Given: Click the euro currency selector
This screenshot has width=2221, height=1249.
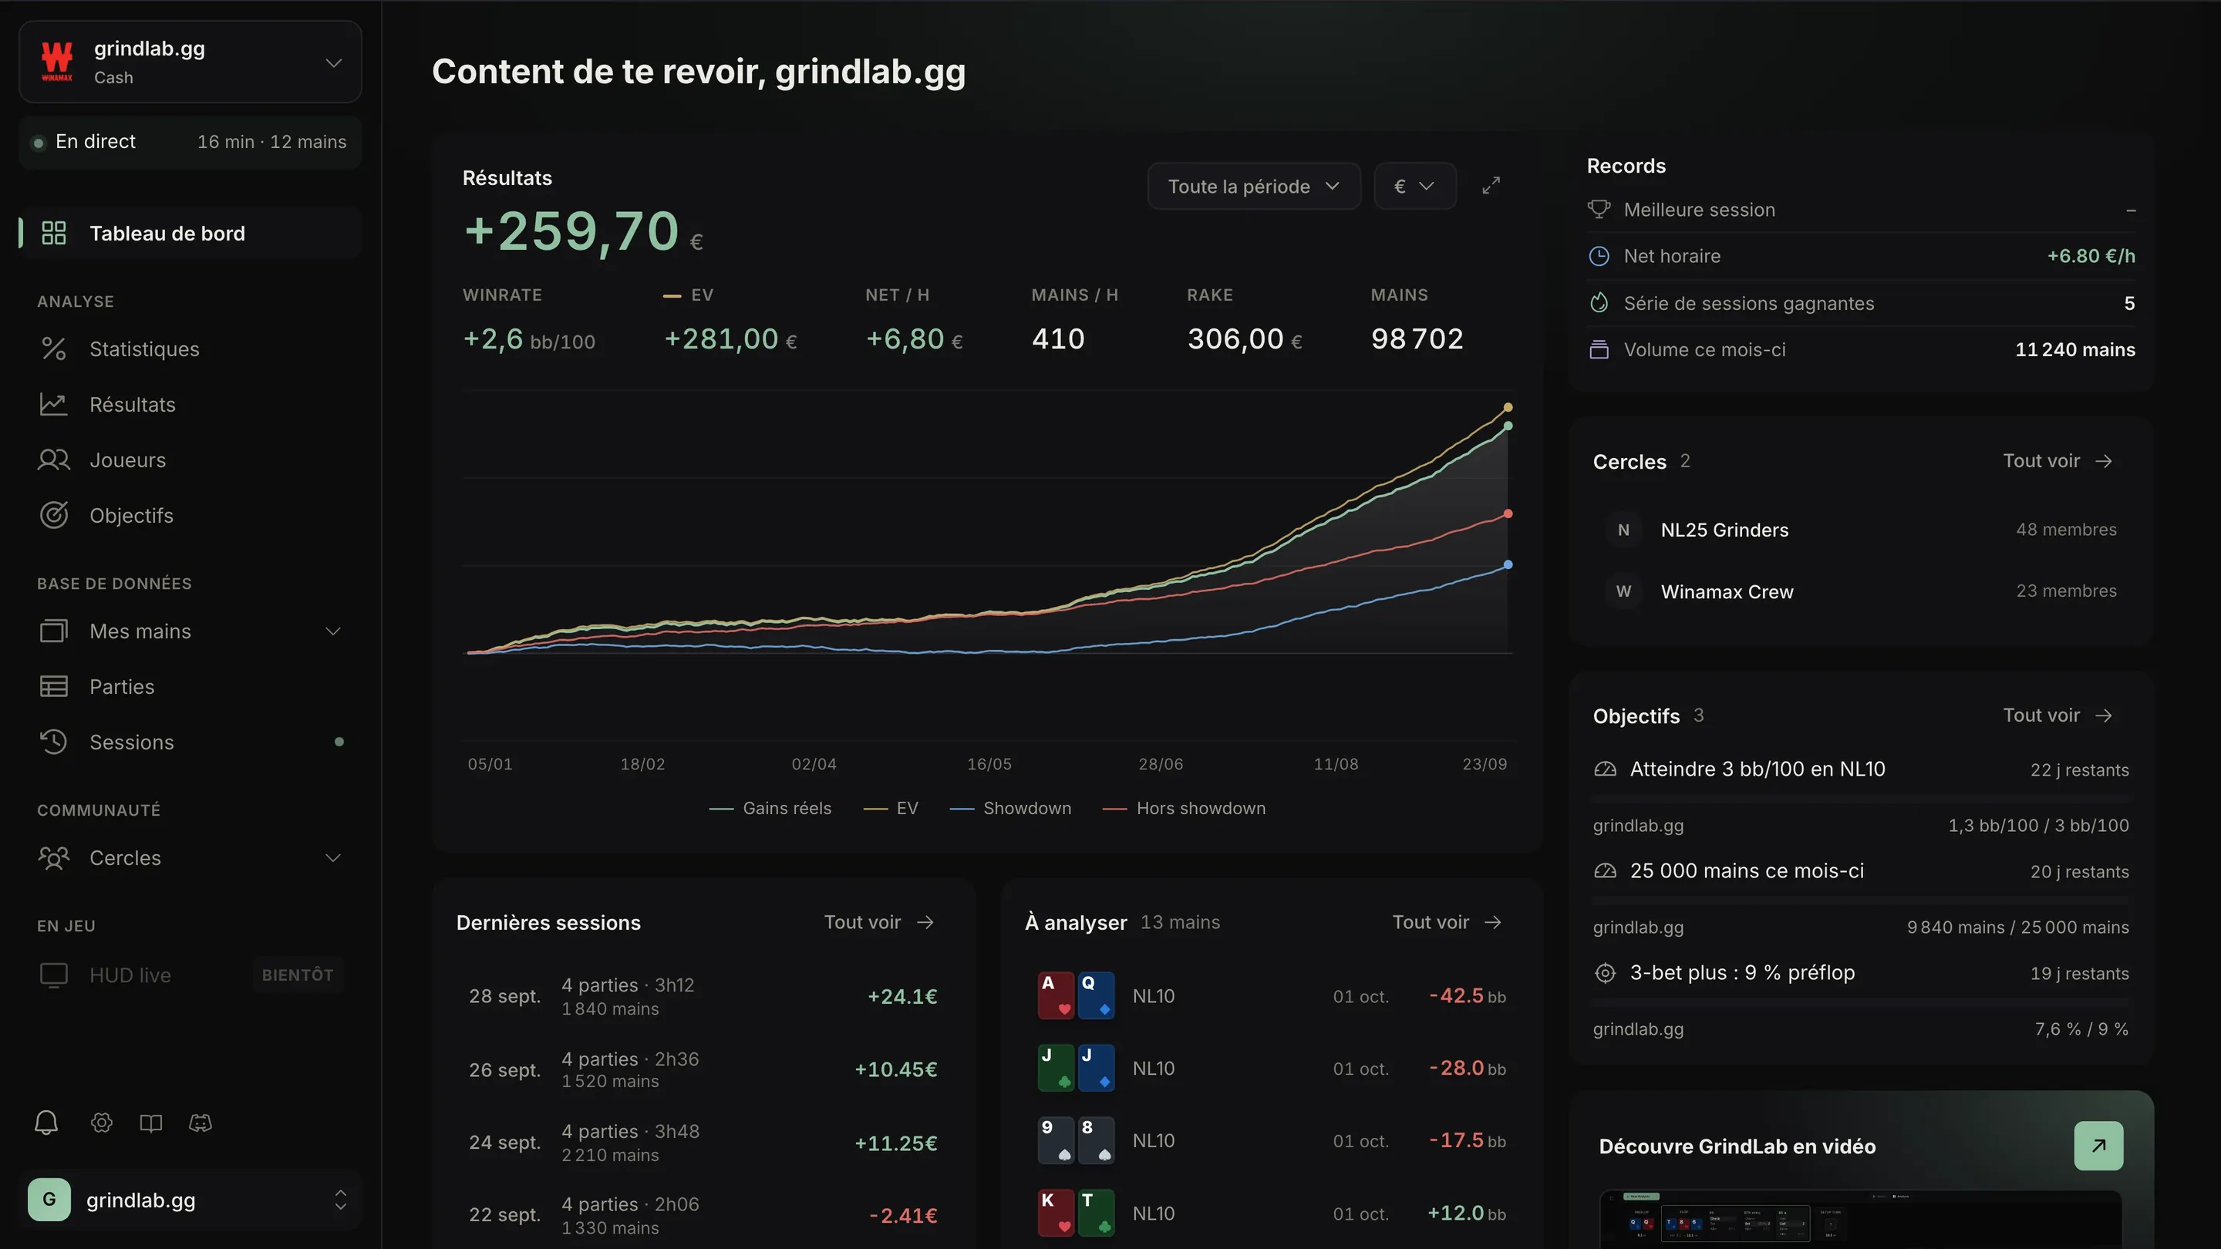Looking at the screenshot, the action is [1414, 186].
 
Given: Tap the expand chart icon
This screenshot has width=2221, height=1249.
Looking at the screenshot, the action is [1491, 185].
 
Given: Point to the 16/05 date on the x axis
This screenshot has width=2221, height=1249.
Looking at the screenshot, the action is [989, 764].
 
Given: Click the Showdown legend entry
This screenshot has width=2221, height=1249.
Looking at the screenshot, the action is [1010, 809].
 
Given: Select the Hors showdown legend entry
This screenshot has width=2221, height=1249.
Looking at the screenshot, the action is [1184, 809].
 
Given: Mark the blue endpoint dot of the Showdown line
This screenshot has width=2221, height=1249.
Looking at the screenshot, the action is [1508, 564].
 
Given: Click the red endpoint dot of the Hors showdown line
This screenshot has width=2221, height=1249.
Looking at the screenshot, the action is [1508, 513].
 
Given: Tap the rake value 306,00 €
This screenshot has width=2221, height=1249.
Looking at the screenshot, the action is [1244, 338].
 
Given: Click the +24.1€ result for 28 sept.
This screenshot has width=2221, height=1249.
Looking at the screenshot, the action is [902, 996].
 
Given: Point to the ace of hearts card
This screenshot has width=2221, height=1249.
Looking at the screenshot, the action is [1055, 995].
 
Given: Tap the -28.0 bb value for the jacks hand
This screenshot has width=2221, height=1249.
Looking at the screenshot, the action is [1468, 1069].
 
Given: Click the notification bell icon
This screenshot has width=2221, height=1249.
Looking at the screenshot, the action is [46, 1123].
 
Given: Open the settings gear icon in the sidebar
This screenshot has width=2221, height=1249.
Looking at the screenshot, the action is [102, 1123].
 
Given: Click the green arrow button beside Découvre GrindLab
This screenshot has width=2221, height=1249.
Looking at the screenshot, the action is [2098, 1146].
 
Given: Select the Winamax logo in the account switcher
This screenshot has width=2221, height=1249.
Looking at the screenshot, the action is [57, 61].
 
